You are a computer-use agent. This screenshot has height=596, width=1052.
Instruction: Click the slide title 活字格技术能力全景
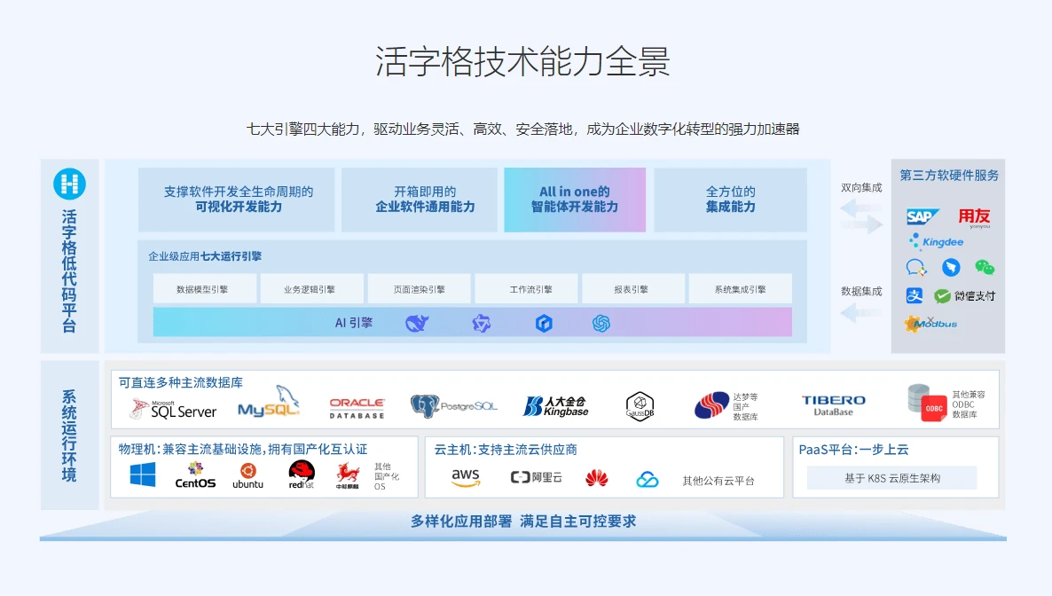pyautogui.click(x=523, y=62)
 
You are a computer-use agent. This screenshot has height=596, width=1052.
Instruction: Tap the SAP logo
pyautogui.click(x=922, y=216)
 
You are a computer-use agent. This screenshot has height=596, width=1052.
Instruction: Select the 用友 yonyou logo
pyautogui.click(x=973, y=217)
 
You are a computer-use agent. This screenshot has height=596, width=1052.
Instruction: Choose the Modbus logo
pyautogui.click(x=930, y=324)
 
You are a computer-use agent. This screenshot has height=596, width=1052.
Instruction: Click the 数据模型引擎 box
pyautogui.click(x=205, y=289)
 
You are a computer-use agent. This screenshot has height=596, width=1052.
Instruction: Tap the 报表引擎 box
pyautogui.click(x=633, y=289)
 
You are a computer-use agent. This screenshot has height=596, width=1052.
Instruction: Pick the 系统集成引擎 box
pyautogui.click(x=740, y=289)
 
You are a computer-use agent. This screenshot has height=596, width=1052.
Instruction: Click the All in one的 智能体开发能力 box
pyautogui.click(x=575, y=200)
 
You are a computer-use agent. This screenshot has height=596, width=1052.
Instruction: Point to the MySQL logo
pyautogui.click(x=269, y=404)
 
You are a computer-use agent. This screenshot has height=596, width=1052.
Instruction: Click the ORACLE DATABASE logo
pyautogui.click(x=357, y=408)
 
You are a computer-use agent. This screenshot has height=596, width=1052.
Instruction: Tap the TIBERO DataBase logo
pyautogui.click(x=833, y=405)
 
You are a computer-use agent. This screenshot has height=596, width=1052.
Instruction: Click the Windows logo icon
pyautogui.click(x=143, y=475)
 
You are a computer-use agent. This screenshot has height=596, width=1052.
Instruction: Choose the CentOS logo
pyautogui.click(x=195, y=475)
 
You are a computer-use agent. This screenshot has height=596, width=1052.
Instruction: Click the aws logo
pyautogui.click(x=466, y=478)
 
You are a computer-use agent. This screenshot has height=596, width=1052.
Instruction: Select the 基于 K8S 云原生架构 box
pyautogui.click(x=891, y=478)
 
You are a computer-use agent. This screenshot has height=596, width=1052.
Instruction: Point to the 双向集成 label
pyautogui.click(x=861, y=188)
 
